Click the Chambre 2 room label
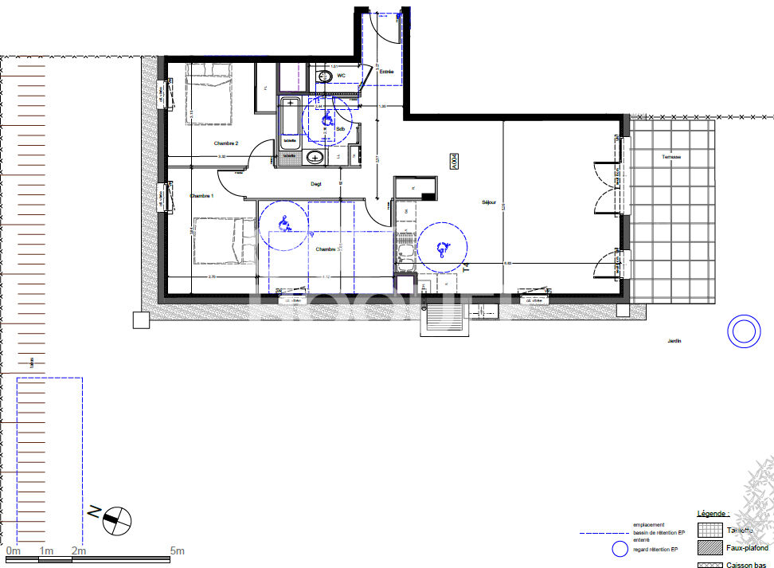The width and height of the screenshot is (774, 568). point(226,143)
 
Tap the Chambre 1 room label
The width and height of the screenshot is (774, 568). point(201,196)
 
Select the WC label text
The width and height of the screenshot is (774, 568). point(342,76)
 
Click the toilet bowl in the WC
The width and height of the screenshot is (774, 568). point(324,76)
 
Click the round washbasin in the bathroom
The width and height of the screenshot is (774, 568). point(315,157)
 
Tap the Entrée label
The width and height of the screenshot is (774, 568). point(387,71)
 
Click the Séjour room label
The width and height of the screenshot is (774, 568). point(489,202)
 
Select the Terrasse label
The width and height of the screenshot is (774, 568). point(671,157)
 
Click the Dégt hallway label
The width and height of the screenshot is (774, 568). point(315,184)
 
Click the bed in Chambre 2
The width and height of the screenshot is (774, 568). point(209,95)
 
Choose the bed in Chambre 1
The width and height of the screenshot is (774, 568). point(224,241)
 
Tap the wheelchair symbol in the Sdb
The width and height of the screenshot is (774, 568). point(326,119)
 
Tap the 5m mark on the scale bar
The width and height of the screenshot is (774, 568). point(177,551)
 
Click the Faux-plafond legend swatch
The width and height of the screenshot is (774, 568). point(709,548)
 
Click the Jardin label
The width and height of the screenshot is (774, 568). point(674,341)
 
